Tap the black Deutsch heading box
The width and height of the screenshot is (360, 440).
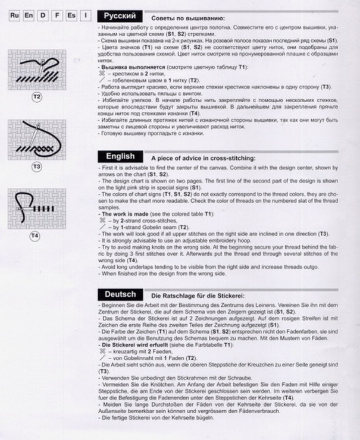click(x=120, y=294)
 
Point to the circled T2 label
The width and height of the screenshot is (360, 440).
click(x=37, y=96)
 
